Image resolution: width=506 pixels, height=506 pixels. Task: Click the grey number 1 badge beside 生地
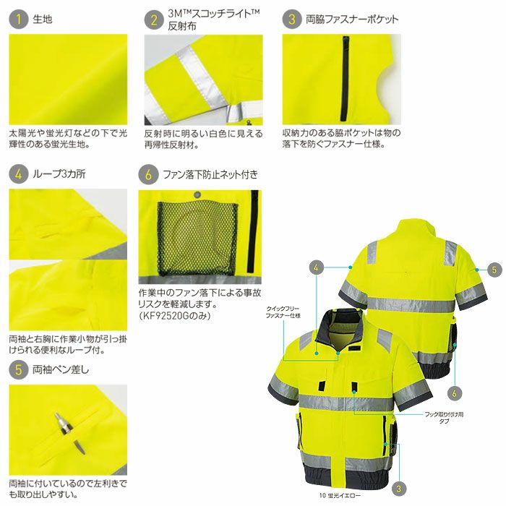[x=18, y=19]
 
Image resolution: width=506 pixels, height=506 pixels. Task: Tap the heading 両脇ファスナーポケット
[x=352, y=20]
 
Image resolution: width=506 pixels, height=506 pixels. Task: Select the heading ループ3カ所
[x=59, y=174]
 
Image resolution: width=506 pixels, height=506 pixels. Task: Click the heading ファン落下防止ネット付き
[x=210, y=175]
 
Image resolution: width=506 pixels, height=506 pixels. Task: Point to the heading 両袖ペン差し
[x=61, y=369]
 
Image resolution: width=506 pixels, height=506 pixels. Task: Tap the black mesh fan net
[x=197, y=239]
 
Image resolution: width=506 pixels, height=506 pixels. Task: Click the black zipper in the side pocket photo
[x=346, y=78]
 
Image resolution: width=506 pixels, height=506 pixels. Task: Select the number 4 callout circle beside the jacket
[x=316, y=267]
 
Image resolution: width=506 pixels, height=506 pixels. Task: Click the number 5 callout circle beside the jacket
[x=494, y=270]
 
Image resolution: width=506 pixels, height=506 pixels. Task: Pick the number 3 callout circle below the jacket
[x=398, y=488]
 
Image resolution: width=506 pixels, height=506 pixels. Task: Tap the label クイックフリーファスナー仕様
[x=283, y=312]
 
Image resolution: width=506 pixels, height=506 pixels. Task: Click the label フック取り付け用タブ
[x=444, y=417]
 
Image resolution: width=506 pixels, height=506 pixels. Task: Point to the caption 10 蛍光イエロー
[x=340, y=495]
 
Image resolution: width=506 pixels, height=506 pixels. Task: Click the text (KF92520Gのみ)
[x=175, y=315]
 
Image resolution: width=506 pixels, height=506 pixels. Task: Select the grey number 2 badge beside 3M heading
[x=154, y=20]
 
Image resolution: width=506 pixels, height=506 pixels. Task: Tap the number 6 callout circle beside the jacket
[x=454, y=393]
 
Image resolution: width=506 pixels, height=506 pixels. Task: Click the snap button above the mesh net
[x=197, y=195]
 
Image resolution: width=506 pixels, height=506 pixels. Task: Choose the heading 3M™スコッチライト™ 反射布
[x=214, y=20]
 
